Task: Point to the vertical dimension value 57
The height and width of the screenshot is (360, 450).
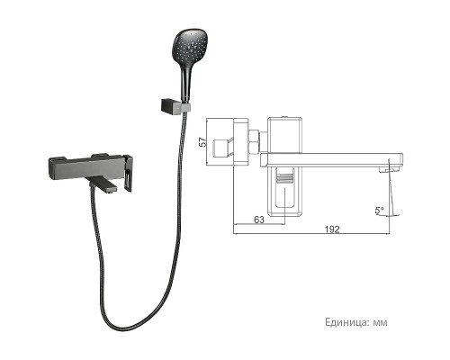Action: tap(203, 140)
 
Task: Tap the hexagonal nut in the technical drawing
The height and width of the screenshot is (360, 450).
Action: tap(256, 141)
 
